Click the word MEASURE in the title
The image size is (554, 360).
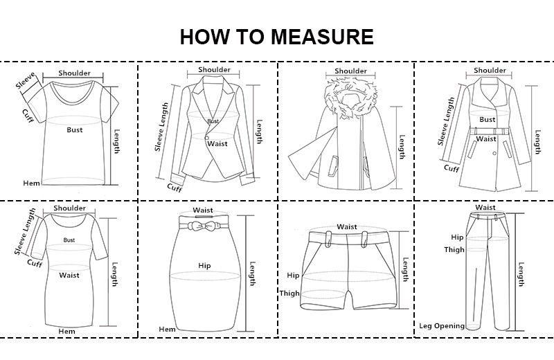(322, 37)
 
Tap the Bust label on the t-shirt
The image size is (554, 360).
(75, 129)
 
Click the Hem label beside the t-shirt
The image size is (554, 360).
(31, 183)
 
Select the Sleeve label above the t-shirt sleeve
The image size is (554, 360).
(26, 80)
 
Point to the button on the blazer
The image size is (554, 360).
(206, 138)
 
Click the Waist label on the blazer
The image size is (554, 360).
(217, 143)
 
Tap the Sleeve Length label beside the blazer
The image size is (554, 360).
(162, 127)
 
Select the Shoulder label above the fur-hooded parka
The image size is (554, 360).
(350, 71)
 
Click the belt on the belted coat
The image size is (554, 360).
(490, 131)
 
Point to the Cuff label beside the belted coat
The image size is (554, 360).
(452, 168)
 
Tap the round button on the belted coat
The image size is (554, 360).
(494, 153)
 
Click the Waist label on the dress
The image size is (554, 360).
(69, 275)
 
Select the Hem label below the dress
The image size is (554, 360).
(66, 332)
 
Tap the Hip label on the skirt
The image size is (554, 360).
(204, 266)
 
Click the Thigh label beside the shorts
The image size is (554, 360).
(289, 294)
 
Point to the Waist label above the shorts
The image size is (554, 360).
(347, 227)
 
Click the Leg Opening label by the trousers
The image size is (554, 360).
(442, 326)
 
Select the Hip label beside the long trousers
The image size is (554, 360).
(457, 237)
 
